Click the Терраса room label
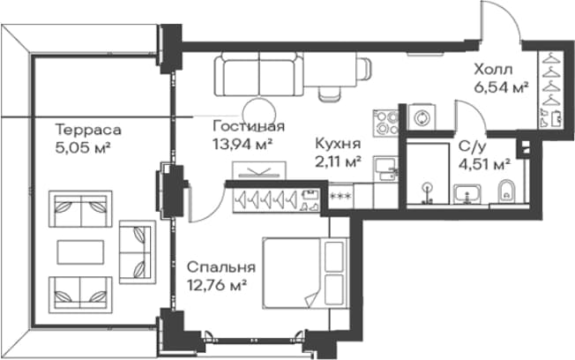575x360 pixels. tap(88, 130)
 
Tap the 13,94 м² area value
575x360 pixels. tap(243, 144)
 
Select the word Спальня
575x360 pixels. tap(220, 267)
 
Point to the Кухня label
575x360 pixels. tap(338, 144)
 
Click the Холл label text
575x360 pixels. tap(493, 69)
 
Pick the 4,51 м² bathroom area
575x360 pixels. tap(485, 164)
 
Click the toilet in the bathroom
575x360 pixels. tap(507, 191)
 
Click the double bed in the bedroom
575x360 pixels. tap(305, 273)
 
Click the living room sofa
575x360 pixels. tap(259, 74)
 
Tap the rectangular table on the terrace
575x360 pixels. tap(80, 251)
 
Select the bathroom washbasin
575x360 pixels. tap(467, 194)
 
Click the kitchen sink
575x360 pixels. tap(386, 169)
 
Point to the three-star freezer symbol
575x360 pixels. tap(341, 196)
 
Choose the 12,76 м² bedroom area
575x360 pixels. tap(216, 285)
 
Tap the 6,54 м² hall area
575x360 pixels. tap(501, 87)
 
